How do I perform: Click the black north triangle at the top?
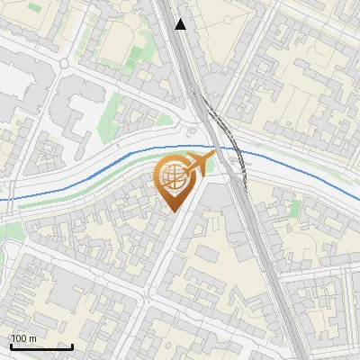click(182, 24)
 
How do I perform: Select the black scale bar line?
click(41, 346)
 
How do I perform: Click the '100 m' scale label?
click(23, 338)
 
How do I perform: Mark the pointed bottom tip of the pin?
click(172, 211)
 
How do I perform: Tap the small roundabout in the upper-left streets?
click(65, 62)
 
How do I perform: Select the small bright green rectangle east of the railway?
click(296, 208)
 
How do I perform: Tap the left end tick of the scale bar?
click(11, 346)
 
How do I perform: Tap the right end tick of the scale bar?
click(73, 346)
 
